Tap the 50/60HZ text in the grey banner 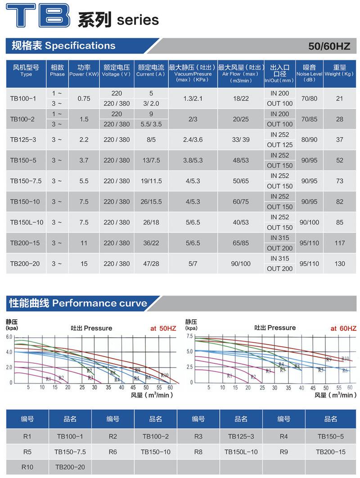329,46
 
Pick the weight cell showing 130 339,264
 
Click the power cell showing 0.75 84,98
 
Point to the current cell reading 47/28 151,264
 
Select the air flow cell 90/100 240,264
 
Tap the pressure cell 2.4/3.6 193,140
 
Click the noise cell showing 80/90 309,140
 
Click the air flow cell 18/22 240,98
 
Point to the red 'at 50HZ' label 163,329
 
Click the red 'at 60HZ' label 343,329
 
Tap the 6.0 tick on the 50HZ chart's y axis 9,337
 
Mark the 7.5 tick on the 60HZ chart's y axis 189,336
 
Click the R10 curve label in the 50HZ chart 165,375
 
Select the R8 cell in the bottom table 198,451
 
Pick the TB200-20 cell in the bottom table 70,467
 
